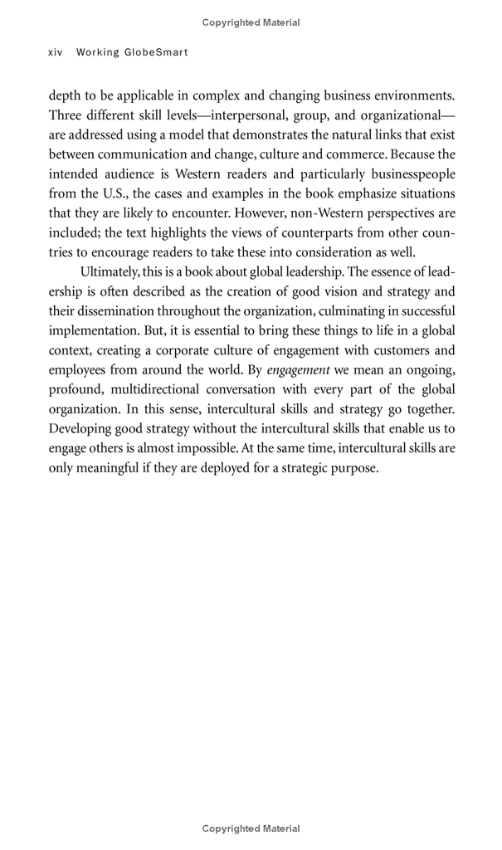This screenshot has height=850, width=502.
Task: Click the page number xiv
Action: (56, 52)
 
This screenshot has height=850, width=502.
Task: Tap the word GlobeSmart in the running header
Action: (156, 52)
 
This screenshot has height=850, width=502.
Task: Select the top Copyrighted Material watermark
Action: (251, 22)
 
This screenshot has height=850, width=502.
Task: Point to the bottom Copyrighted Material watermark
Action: (251, 828)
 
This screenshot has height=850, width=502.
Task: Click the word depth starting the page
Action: (66, 95)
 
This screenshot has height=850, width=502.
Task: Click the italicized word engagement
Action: (298, 370)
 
